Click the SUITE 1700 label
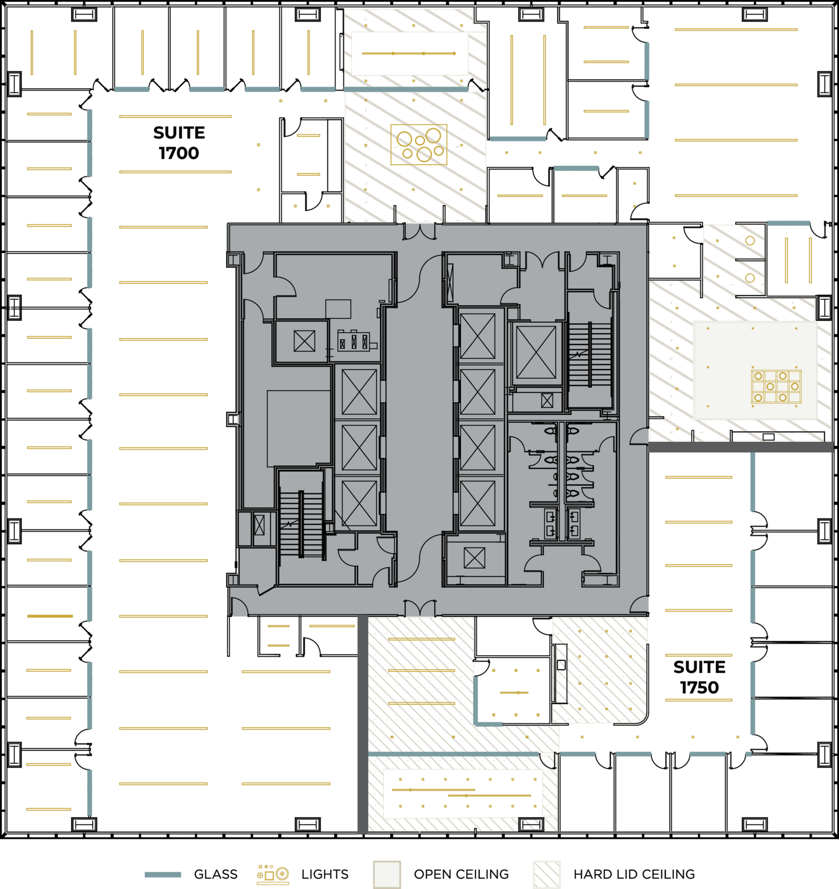pyautogui.click(x=179, y=143)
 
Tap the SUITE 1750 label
pyautogui.click(x=699, y=677)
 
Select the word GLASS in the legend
pyautogui.click(x=215, y=874)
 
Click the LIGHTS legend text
pyautogui.click(x=324, y=874)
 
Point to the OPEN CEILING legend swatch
pyautogui.click(x=386, y=874)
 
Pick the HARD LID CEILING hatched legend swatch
pyautogui.click(x=546, y=874)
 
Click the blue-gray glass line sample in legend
pyautogui.click(x=163, y=875)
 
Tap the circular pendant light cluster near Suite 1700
pyautogui.click(x=419, y=144)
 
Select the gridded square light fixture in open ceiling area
pyautogui.click(x=776, y=386)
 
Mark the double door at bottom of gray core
pyautogui.click(x=419, y=608)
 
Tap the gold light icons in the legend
pyautogui.click(x=273, y=874)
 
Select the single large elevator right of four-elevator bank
pyautogui.click(x=536, y=352)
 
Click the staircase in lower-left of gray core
pyautogui.click(x=301, y=524)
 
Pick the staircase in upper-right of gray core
pyautogui.click(x=590, y=354)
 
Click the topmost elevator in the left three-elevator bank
pyautogui.click(x=359, y=392)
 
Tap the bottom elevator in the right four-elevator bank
pyautogui.click(x=477, y=504)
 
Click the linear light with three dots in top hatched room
pyautogui.click(x=408, y=54)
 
